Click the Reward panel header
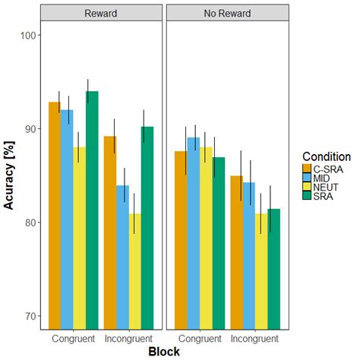(x=101, y=13)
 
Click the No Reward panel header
(x=226, y=13)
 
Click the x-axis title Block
(x=164, y=352)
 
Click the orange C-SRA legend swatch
(x=308, y=169)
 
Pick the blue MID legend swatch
(x=308, y=179)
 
